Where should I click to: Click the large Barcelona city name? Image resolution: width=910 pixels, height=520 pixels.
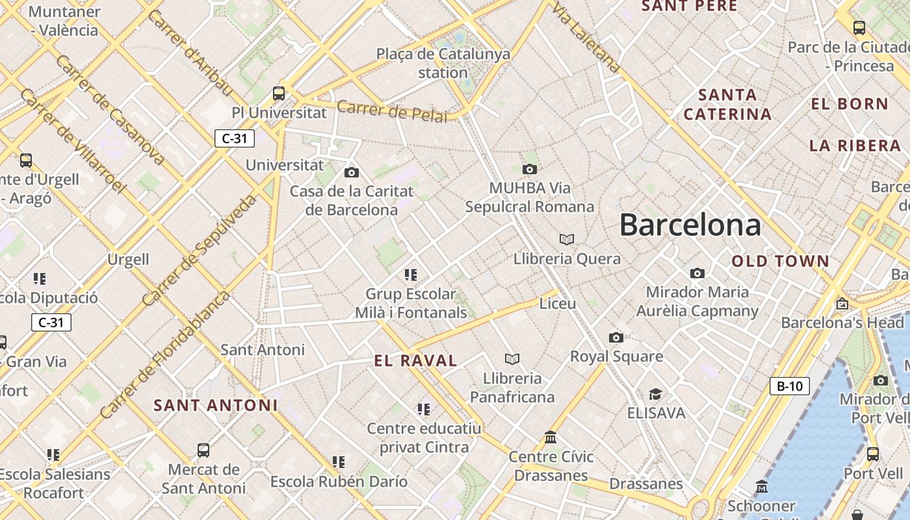pyautogui.click(x=690, y=225)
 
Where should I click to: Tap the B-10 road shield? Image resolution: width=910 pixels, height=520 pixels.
pyautogui.click(x=790, y=386)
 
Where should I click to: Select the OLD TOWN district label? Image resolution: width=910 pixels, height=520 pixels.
pyautogui.click(x=780, y=261)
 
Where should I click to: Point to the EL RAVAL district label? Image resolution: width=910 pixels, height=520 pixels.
pyautogui.click(x=416, y=361)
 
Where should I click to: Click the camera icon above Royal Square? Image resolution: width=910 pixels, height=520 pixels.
pyautogui.click(x=616, y=337)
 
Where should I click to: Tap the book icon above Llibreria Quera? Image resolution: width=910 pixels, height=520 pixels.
pyautogui.click(x=567, y=240)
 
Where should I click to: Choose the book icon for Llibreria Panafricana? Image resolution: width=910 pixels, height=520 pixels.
pyautogui.click(x=512, y=359)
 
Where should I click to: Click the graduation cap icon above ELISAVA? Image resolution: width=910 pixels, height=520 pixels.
pyautogui.click(x=655, y=395)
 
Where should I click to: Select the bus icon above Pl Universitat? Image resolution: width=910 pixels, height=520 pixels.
pyautogui.click(x=279, y=94)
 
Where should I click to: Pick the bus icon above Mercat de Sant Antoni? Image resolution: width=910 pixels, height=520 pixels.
pyautogui.click(x=203, y=450)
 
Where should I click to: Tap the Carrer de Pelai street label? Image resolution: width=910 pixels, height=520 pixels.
pyautogui.click(x=392, y=111)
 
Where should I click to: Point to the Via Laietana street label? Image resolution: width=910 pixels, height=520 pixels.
pyautogui.click(x=586, y=36)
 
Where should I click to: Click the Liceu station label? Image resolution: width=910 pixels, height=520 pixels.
pyautogui.click(x=558, y=304)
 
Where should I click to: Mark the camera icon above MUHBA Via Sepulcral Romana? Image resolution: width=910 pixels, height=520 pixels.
pyautogui.click(x=530, y=170)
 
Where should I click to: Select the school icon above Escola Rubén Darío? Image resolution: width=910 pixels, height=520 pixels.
pyautogui.click(x=339, y=462)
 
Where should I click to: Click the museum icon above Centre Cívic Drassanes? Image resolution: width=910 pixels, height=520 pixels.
pyautogui.click(x=551, y=437)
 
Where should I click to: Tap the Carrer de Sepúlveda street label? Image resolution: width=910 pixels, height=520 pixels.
pyautogui.click(x=200, y=250)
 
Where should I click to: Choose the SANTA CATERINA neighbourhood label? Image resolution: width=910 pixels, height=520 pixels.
pyautogui.click(x=727, y=104)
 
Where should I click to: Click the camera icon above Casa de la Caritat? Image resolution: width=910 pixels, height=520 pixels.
pyautogui.click(x=352, y=172)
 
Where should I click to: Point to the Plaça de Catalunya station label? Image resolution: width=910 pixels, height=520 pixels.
pyautogui.click(x=443, y=63)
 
